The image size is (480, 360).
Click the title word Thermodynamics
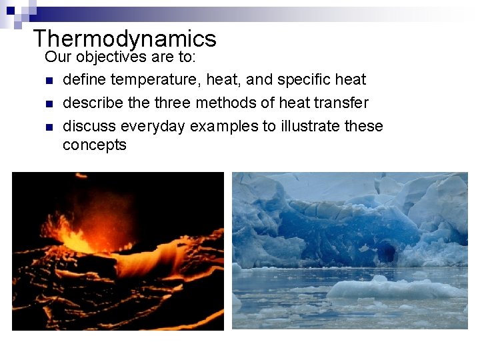pyautogui.click(x=125, y=38)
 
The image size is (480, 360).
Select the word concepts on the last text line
pyautogui.click(x=94, y=145)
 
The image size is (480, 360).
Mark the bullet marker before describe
pyautogui.click(x=49, y=104)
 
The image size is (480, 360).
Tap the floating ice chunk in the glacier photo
pyautogui.click(x=393, y=288)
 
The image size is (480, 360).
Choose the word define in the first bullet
pyautogui.click(x=84, y=80)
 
